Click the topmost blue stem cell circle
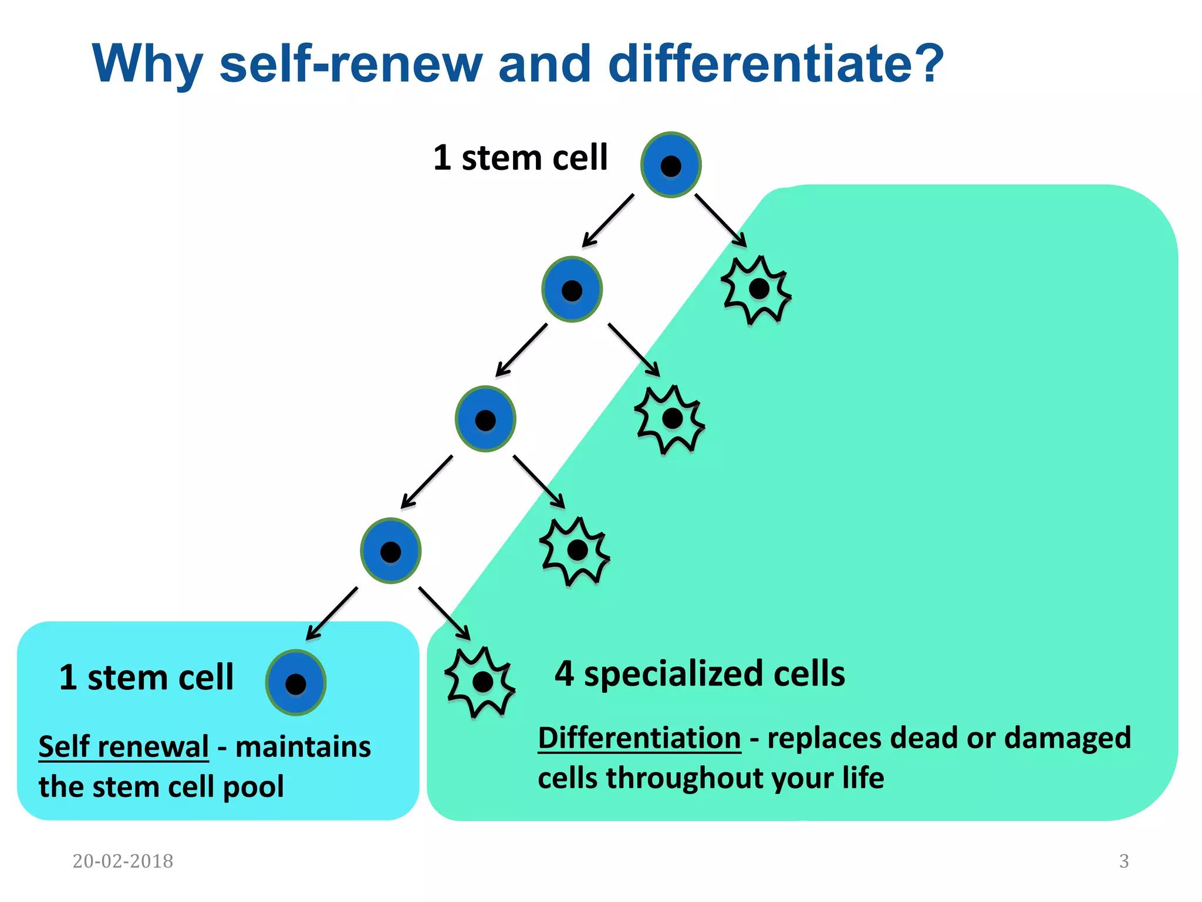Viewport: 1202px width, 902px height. coord(671,165)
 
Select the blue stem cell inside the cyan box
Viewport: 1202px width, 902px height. coord(296,682)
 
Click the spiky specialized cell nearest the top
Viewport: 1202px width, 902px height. coord(757,290)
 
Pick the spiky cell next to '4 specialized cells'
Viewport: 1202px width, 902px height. coord(480,682)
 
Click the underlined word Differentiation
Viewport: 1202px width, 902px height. coord(639,738)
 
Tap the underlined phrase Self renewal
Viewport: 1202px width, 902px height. coord(123,746)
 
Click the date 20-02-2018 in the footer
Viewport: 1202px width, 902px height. coord(123,861)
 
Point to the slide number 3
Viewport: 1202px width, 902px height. coord(1123,861)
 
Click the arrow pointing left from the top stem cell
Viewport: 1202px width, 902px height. coord(608,221)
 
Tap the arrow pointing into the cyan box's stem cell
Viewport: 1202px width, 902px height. coord(332,614)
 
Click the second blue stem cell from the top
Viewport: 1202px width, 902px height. coord(572,290)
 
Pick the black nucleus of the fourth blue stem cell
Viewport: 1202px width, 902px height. coord(390,552)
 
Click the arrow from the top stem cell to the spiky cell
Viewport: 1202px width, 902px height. coord(721,221)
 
